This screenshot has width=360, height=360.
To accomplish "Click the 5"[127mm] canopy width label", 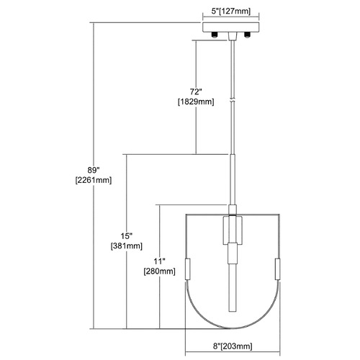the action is point(231,12).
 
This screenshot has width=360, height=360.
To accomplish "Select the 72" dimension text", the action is point(196,91).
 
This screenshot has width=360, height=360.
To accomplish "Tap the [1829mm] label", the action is point(196,102).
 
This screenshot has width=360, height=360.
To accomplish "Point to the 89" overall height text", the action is point(94,170).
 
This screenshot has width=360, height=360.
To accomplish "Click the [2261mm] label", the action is point(94,180).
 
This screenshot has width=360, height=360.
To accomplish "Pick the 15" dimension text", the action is point(127,236).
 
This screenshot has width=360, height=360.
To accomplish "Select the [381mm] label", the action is point(127,246).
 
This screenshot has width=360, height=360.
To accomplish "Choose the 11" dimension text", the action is point(160,261).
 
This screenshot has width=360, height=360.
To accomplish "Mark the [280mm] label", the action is point(160,271).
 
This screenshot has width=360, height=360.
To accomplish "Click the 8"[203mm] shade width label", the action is point(233,346).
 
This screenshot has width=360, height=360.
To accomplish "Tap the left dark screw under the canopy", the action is point(215,35).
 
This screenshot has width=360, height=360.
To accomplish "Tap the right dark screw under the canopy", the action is point(247,35).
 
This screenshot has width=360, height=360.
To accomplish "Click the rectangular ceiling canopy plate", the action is point(231,27).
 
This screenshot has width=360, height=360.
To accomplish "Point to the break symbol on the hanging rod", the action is point(232,100).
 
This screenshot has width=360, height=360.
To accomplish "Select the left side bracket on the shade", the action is point(188,269).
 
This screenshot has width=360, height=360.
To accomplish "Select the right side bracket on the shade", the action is point(278,269).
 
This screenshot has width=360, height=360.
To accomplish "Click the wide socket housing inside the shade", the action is point(233,230).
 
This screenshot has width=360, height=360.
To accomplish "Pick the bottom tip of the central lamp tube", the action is point(233,311).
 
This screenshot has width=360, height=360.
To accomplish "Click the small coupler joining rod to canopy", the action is point(232,37).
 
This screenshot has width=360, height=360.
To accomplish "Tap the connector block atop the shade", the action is point(233,210).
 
